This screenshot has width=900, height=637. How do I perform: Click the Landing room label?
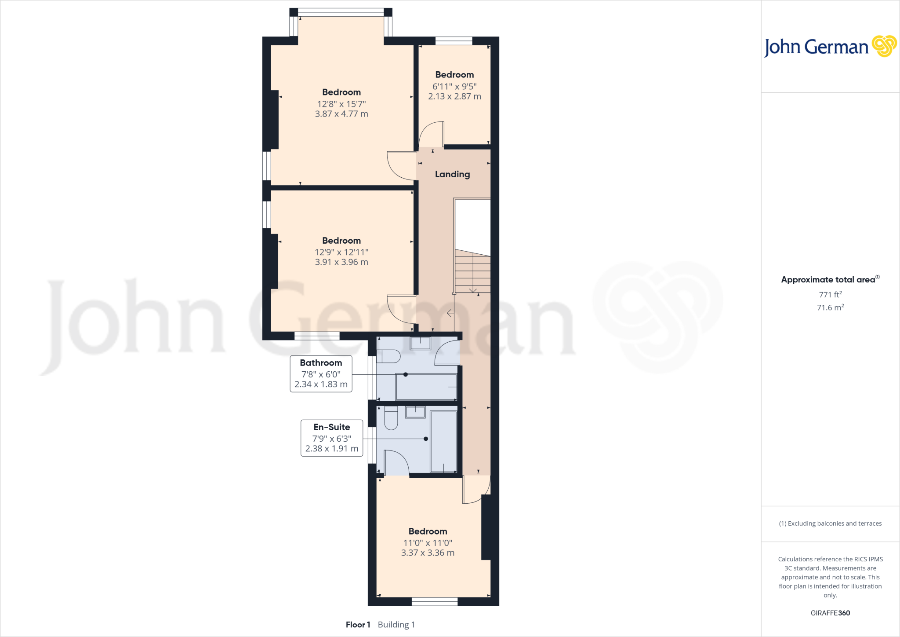click(x=452, y=174)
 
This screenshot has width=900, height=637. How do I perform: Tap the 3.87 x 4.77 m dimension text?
click(x=341, y=114)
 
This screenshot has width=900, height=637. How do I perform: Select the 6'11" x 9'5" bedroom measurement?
click(x=454, y=87)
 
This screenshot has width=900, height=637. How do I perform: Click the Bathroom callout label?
click(x=321, y=363)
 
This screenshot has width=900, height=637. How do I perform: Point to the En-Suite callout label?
click(x=332, y=427)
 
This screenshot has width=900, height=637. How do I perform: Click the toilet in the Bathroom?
click(x=389, y=356)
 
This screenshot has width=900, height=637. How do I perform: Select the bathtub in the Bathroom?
click(x=426, y=387)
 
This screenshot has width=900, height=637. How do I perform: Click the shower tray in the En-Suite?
click(x=443, y=441)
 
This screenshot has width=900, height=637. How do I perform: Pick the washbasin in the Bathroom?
click(x=420, y=343)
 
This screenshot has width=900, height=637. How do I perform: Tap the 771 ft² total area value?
click(x=830, y=295)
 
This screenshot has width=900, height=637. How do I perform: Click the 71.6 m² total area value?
click(x=830, y=308)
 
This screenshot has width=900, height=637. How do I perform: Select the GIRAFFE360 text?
click(x=830, y=613)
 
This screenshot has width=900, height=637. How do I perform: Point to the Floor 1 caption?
click(x=358, y=625)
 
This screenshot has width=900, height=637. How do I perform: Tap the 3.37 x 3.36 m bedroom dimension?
click(x=428, y=553)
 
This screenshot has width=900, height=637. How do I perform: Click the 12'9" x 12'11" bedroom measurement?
click(x=341, y=252)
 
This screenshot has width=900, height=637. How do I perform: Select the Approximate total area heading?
click(x=828, y=280)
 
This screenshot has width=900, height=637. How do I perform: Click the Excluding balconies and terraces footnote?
click(x=830, y=524)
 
